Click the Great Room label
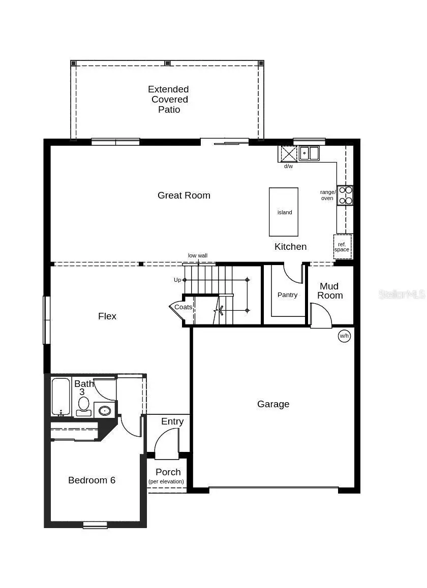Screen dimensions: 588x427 point(184,195)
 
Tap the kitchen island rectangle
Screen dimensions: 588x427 point(284,212)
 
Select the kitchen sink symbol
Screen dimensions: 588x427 point(309,152)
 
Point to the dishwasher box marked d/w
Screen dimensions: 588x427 point(289,153)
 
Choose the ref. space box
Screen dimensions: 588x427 point(342,247)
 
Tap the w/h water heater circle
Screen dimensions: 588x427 point(345,336)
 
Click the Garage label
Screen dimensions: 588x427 point(273,404)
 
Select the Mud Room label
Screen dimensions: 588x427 point(329,291)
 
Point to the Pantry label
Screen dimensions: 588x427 point(287,295)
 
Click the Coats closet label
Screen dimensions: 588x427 point(183,307)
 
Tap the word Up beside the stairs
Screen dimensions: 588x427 point(177,280)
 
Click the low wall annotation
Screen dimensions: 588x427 point(198,256)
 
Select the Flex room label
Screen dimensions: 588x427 point(107,316)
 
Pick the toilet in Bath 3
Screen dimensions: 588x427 point(83,406)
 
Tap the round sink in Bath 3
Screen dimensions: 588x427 point(105,410)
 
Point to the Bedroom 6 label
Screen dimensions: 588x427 point(91,480)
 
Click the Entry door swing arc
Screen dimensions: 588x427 point(165,439)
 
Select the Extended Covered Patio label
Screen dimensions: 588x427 point(169,100)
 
